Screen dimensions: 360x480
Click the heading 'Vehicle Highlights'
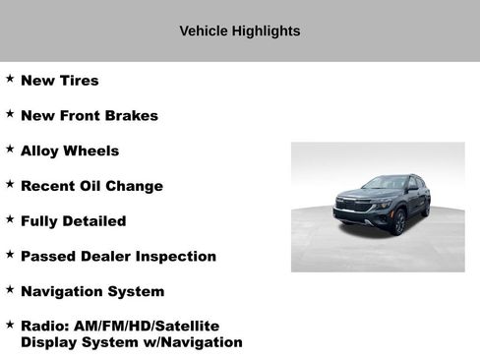(240, 30)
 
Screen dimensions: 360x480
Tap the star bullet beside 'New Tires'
(10, 78)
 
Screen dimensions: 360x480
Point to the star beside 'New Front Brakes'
(10, 113)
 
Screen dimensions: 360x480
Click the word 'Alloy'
(40, 151)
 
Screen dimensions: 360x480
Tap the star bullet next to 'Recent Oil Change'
(10, 184)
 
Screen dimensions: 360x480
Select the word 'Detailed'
(96, 221)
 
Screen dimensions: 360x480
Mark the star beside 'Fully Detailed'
(10, 218)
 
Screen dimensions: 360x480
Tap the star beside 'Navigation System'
(10, 289)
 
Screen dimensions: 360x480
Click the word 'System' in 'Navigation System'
(138, 292)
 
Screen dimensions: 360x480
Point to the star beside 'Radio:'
(10, 324)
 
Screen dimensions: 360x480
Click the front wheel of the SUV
(399, 223)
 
